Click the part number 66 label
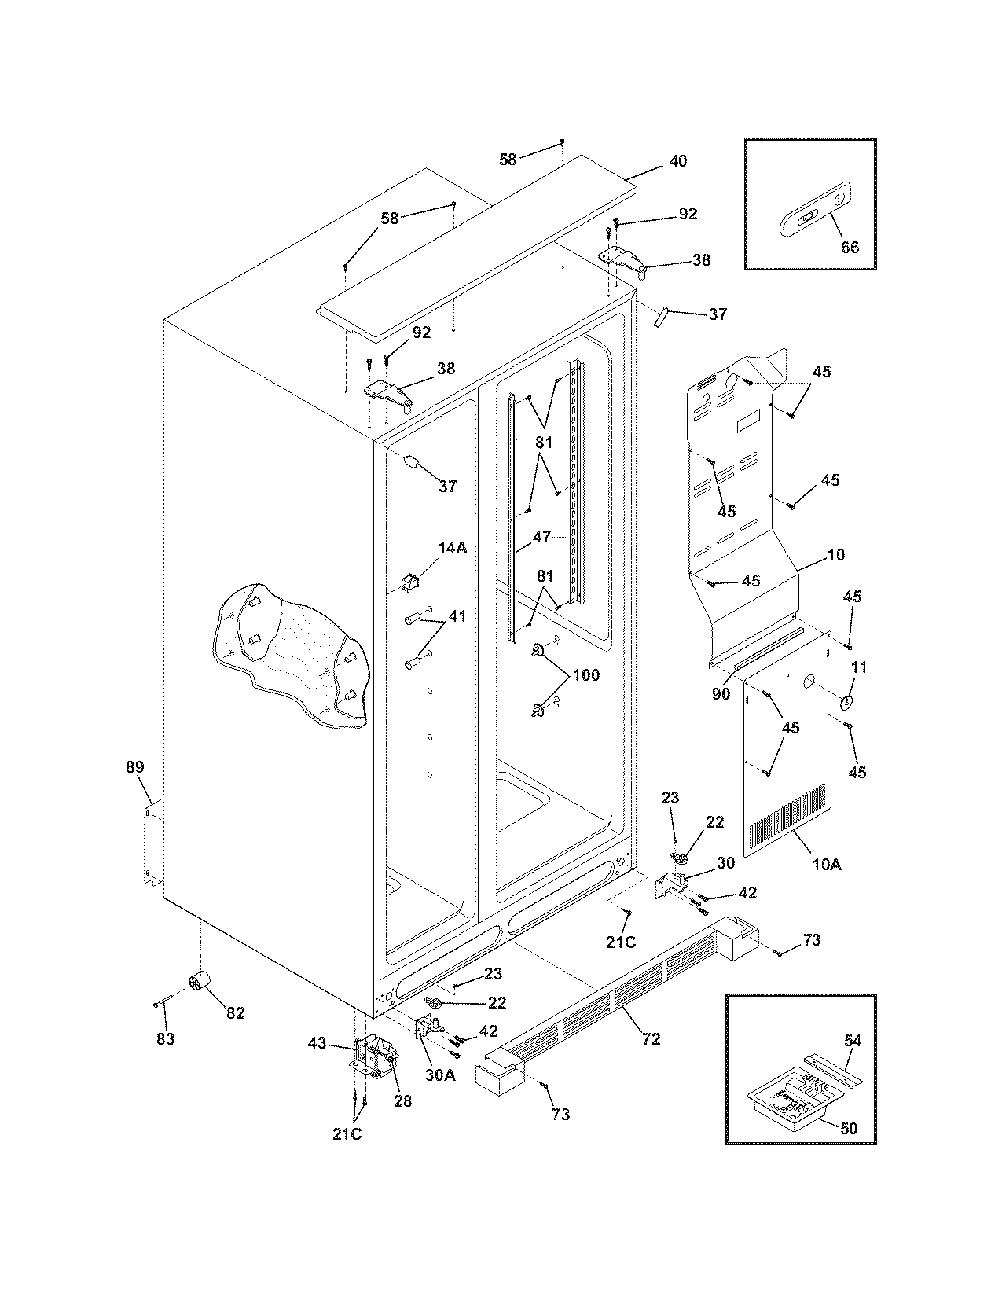point(850,247)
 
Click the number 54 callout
point(852,1041)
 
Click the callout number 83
point(165,1038)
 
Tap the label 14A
point(452,548)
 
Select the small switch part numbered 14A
point(410,582)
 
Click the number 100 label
point(585,674)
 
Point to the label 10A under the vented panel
point(826,864)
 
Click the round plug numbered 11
point(846,702)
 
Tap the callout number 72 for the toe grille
point(651,1038)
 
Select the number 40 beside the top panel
point(677,161)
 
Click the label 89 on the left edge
point(135,766)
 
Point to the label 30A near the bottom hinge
point(440,1075)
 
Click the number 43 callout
point(317,1042)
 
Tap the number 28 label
point(402,1100)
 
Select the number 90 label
point(721,693)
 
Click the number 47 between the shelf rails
point(541,538)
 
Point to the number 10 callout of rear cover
point(836,554)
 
